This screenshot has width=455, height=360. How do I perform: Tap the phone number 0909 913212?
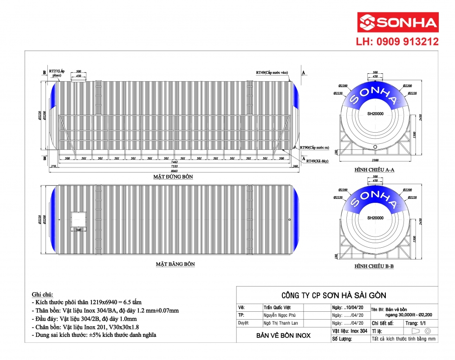coord(397,42)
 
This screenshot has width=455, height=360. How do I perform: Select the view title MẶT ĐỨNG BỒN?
coord(173,177)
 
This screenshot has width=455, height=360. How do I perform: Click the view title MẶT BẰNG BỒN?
coord(175,264)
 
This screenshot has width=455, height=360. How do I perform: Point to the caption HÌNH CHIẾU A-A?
coord(374,170)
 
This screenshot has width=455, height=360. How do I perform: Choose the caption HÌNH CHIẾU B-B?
coord(374,267)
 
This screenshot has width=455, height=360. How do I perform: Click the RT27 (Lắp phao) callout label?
coord(57,73)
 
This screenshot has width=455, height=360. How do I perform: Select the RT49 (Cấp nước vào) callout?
coord(272,73)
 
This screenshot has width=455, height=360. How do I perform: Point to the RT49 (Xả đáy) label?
coord(317,161)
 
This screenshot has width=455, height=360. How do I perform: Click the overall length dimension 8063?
coord(173,171)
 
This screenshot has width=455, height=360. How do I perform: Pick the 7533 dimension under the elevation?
coord(173,166)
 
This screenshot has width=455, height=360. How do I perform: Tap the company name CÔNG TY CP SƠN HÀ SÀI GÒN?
coord(334,296)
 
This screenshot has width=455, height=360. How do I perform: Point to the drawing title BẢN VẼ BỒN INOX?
coord(283,335)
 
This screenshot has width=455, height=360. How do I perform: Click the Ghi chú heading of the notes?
coord(42,295)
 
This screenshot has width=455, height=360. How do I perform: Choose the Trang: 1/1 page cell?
coord(414,323)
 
